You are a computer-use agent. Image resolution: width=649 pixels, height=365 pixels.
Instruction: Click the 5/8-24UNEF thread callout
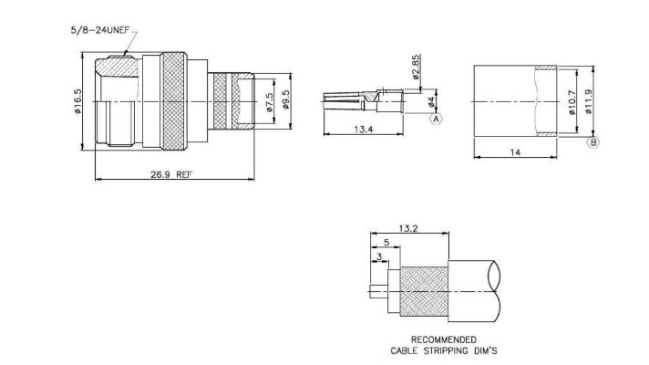100,30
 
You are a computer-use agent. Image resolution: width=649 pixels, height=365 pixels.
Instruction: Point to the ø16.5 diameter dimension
77,101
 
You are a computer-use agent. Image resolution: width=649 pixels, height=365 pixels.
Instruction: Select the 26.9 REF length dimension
171,174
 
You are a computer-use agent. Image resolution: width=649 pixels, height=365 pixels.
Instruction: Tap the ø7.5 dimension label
270,102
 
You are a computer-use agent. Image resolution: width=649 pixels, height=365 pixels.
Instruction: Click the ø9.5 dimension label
286,99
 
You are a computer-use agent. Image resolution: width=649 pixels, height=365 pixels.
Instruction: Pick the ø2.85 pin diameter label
416,67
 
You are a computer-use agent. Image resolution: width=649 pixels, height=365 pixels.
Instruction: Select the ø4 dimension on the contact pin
431,102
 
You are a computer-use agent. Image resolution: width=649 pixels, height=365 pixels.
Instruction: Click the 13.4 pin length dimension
364,130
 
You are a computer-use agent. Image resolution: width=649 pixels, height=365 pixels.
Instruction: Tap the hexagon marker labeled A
436,120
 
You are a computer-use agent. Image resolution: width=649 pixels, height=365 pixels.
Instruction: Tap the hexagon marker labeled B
593,142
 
